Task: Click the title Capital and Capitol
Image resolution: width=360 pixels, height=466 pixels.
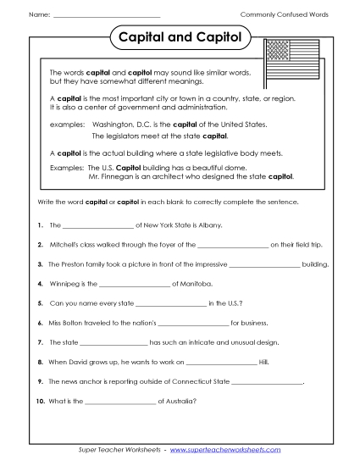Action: pyautogui.click(x=179, y=38)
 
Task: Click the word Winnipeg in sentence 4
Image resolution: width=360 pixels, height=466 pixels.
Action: pyautogui.click(x=67, y=283)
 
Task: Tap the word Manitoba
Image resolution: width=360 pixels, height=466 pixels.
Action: pyautogui.click(x=194, y=283)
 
